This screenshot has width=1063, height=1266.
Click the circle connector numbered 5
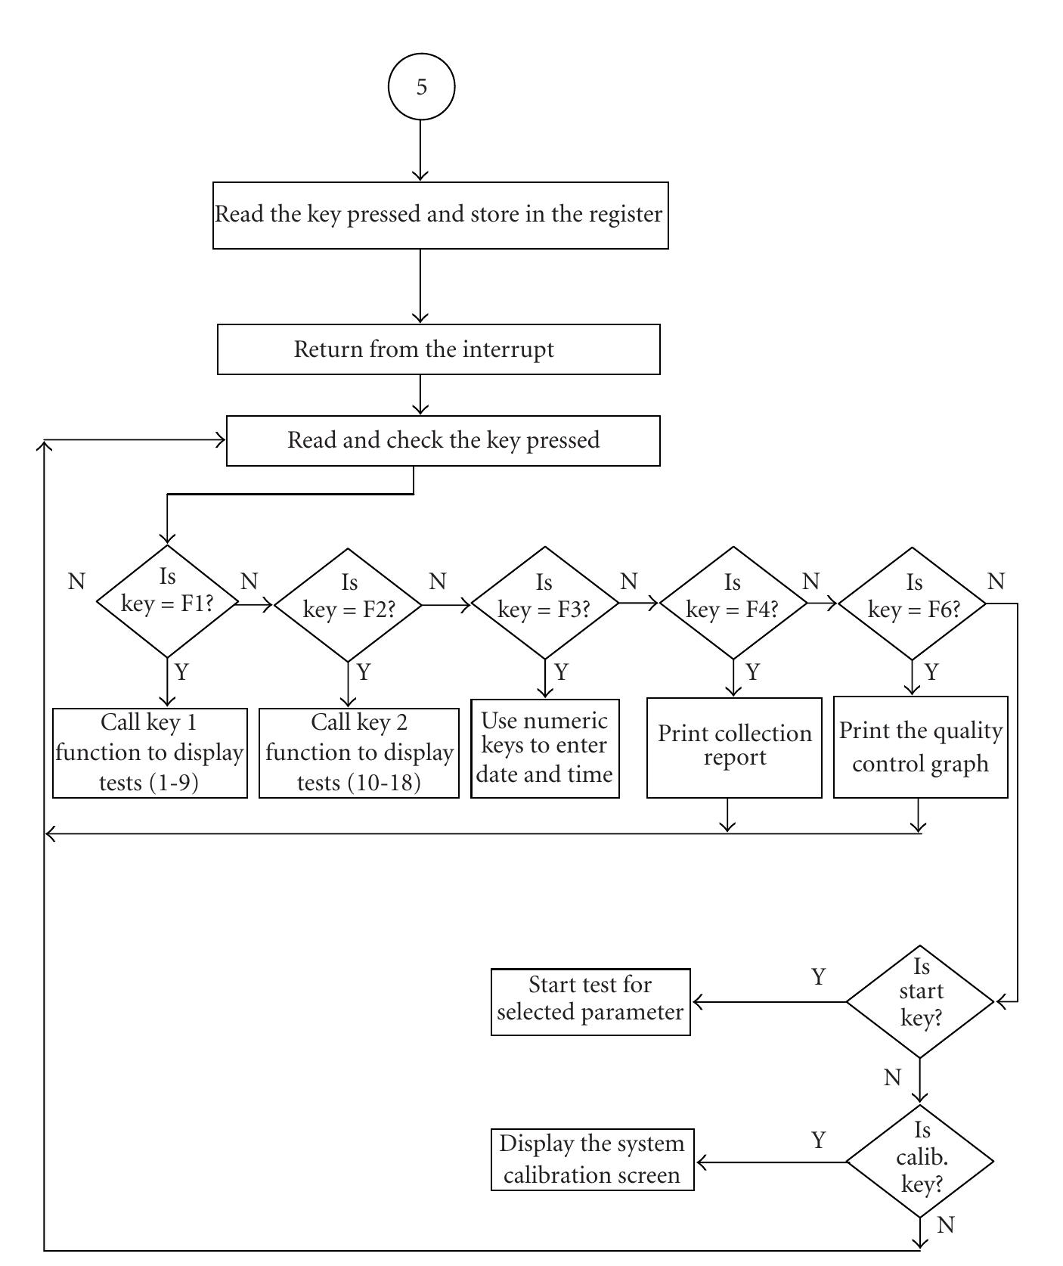point(421,86)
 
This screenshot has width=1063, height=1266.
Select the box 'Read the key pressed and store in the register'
point(440,215)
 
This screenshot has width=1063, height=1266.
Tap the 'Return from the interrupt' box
point(439,349)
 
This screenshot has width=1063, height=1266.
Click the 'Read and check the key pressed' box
point(443,440)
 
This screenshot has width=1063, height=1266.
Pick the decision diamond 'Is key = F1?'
point(167,601)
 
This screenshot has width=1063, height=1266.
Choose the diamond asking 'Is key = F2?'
point(348,604)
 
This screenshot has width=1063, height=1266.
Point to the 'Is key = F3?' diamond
point(544,604)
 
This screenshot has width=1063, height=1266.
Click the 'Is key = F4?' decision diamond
point(733,604)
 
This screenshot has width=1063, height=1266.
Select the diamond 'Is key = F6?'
point(913,604)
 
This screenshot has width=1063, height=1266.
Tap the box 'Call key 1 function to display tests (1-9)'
point(150,752)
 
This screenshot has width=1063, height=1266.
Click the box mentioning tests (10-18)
point(359,752)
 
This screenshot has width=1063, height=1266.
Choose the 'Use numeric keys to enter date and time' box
point(544,748)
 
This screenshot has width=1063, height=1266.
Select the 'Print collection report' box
point(734,747)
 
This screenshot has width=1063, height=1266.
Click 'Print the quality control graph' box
point(920,747)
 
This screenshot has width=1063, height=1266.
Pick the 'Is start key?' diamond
point(920,1001)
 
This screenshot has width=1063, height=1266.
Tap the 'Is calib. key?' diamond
point(920,1161)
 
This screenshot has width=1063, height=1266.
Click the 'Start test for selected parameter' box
point(590,1001)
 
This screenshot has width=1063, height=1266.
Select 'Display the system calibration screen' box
point(592,1159)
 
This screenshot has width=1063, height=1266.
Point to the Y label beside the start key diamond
point(818,977)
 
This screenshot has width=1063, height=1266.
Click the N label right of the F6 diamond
point(996,582)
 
